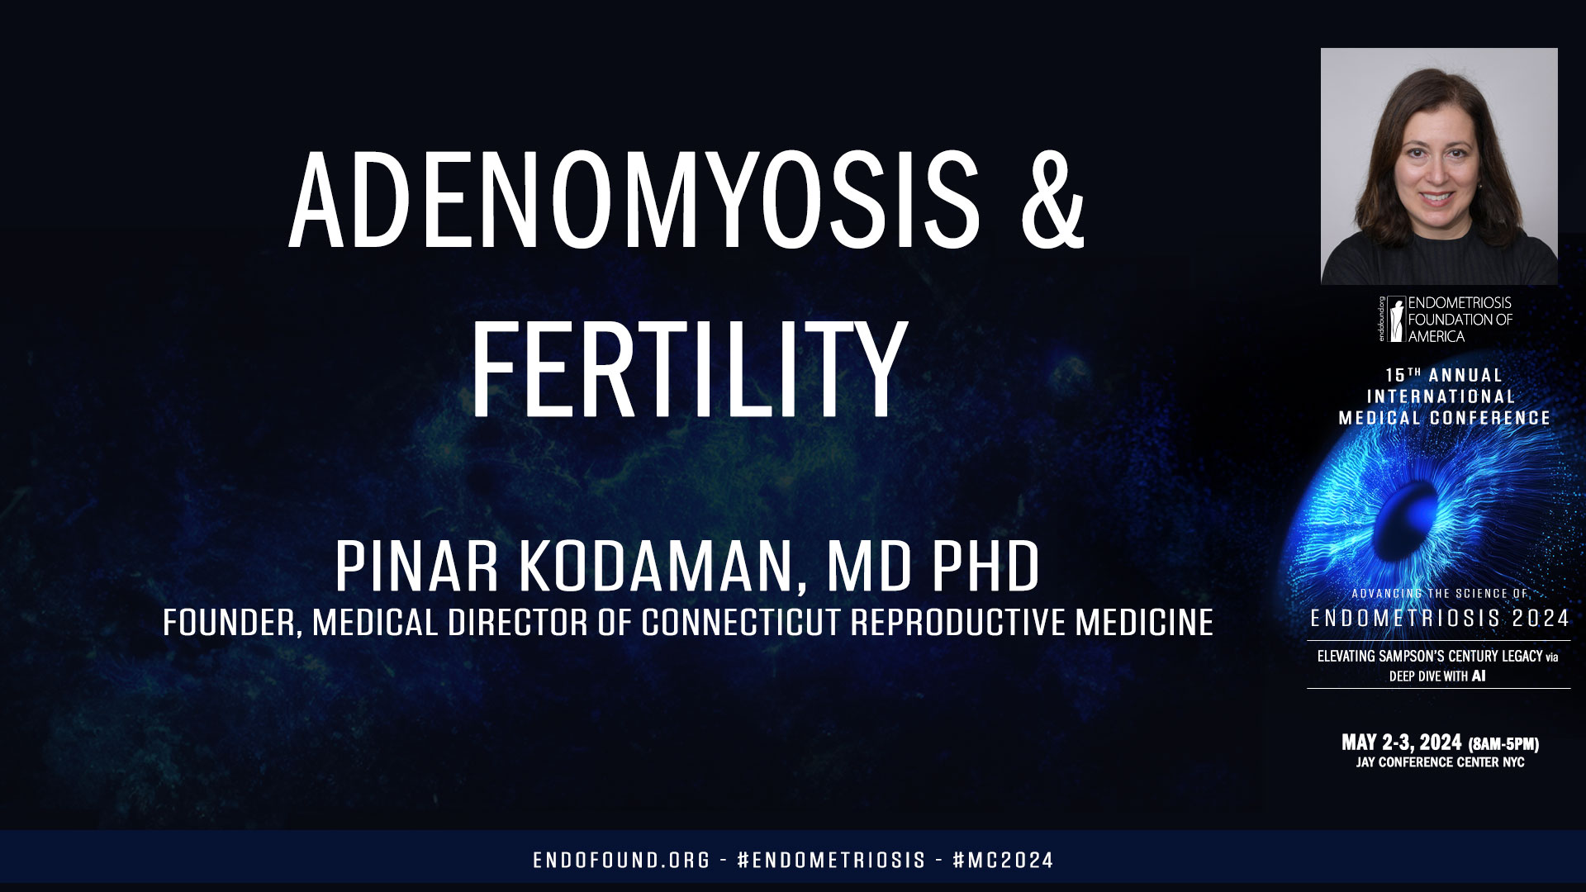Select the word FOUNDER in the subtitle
(x=230, y=623)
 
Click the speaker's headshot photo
(x=1439, y=166)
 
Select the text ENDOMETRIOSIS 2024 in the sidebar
(x=1440, y=618)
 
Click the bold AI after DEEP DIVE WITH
(x=1479, y=676)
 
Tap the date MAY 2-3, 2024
(x=1401, y=742)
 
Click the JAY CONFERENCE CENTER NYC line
(x=1440, y=762)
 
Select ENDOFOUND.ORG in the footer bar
(x=621, y=860)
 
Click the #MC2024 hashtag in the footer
(x=1003, y=860)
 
